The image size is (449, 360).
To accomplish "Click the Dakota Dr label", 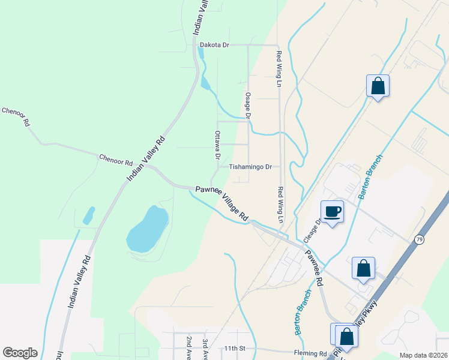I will [x=214, y=44].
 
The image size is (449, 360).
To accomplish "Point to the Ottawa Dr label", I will [x=217, y=145].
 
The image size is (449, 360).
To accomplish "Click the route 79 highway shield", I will [x=418, y=239].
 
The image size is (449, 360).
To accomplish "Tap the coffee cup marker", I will [x=332, y=211].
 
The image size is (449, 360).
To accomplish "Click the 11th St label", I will [x=232, y=348].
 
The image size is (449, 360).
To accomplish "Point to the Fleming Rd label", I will [x=310, y=353].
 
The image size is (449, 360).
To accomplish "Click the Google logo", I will [x=20, y=353].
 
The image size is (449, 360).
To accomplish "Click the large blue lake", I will [x=146, y=229].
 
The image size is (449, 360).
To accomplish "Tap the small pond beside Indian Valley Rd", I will [x=89, y=215].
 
